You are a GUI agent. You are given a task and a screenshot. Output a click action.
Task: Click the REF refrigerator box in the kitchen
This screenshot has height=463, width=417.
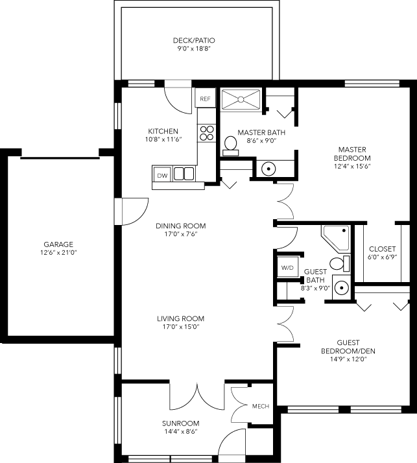205,99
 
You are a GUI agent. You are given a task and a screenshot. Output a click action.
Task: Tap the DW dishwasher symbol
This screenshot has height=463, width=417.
162,174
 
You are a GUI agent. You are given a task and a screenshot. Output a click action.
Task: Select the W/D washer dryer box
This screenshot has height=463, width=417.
286,267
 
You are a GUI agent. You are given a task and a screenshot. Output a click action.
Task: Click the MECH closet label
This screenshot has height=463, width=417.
260,407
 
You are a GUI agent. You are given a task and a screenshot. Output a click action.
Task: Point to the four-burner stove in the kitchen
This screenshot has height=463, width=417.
207,133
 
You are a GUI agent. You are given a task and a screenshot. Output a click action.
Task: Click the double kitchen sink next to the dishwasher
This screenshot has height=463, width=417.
184,174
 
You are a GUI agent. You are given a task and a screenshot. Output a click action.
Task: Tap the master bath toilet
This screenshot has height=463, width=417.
230,145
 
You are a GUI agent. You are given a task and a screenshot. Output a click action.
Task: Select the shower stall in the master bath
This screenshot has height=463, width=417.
241,99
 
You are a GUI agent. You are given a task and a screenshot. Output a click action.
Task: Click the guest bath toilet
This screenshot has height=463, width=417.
338,263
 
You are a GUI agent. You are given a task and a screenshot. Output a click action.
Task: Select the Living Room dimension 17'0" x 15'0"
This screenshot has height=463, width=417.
180,327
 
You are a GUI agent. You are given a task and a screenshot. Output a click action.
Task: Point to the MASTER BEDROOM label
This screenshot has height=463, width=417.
352,153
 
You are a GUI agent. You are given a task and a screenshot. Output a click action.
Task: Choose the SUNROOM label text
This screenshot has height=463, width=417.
180,423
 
